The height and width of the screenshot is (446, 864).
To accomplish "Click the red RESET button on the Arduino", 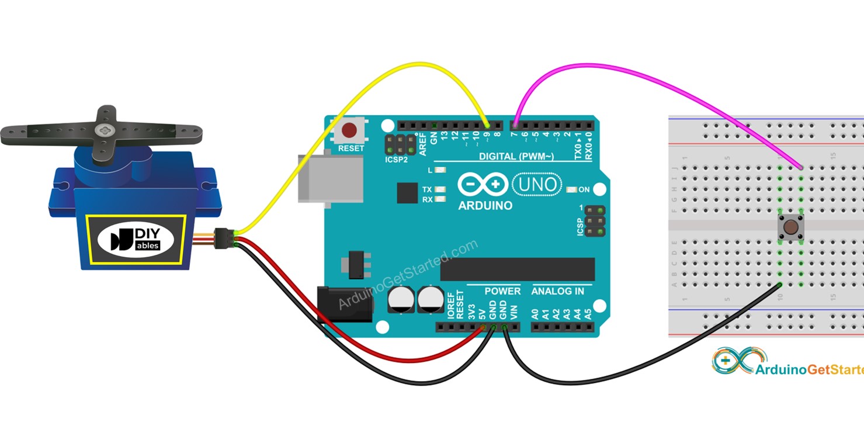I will (x=350, y=130).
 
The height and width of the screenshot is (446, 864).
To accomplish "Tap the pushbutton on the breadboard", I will (x=791, y=227).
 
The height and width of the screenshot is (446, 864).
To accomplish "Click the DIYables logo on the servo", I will (x=136, y=240).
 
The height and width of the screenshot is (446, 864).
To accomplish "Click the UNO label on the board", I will (x=537, y=185).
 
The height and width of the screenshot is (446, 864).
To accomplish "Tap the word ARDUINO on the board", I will (x=485, y=206).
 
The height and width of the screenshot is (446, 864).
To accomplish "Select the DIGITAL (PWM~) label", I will (x=516, y=157).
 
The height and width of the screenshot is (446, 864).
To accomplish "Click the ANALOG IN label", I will (x=557, y=291).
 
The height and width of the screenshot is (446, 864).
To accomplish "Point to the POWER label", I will (x=502, y=291).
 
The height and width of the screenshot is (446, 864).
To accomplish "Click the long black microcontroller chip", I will (x=517, y=269).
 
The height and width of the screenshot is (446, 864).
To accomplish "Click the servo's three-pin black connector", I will (x=223, y=238).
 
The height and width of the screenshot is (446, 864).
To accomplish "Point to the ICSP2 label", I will (x=396, y=160).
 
